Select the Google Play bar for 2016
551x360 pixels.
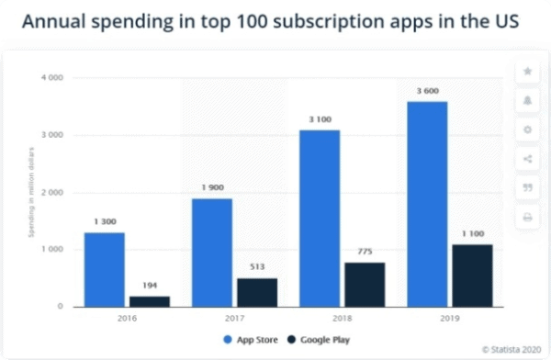coord(149,301)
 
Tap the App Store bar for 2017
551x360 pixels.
coord(212,253)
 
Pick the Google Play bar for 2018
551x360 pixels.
coord(364,285)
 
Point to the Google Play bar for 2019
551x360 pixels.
coord(472,276)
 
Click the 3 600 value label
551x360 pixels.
coord(427,91)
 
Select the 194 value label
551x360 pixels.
coord(149,286)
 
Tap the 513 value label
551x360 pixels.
coord(256,267)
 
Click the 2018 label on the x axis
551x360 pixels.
coord(342,320)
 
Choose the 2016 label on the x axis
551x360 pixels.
coord(127,320)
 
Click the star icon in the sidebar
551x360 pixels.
coord(527,71)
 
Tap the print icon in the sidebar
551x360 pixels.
coord(527,218)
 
